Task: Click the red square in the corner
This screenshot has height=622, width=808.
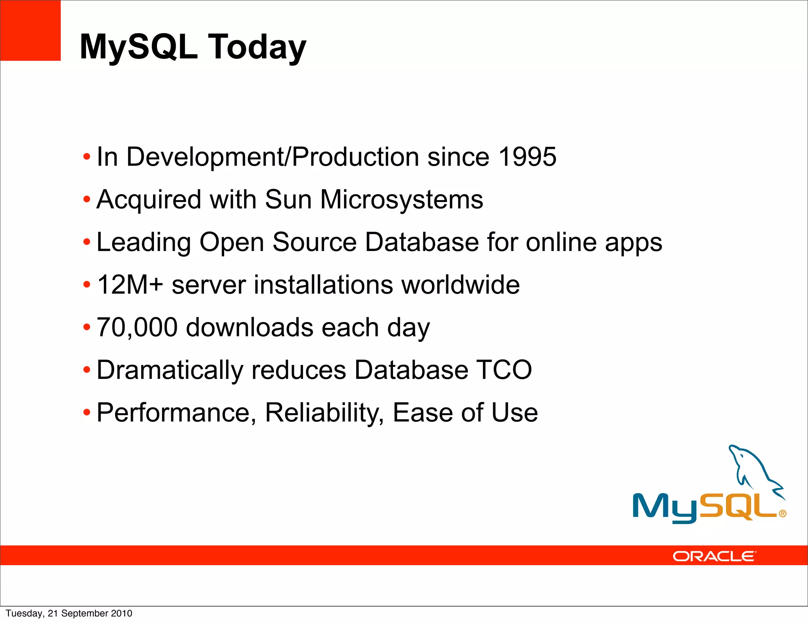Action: coord(30,30)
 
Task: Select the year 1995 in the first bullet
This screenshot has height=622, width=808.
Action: coord(527,157)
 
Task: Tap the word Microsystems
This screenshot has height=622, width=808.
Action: coord(401,199)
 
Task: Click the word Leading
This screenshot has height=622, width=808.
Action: coord(144,242)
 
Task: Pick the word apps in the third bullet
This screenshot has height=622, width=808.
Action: coord(634,242)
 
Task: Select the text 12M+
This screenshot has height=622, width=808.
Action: coord(130,285)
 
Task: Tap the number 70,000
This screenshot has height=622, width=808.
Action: coord(137,327)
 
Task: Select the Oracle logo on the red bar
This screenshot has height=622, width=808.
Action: coord(714,556)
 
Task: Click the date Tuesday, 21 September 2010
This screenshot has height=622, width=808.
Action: coord(69,613)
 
